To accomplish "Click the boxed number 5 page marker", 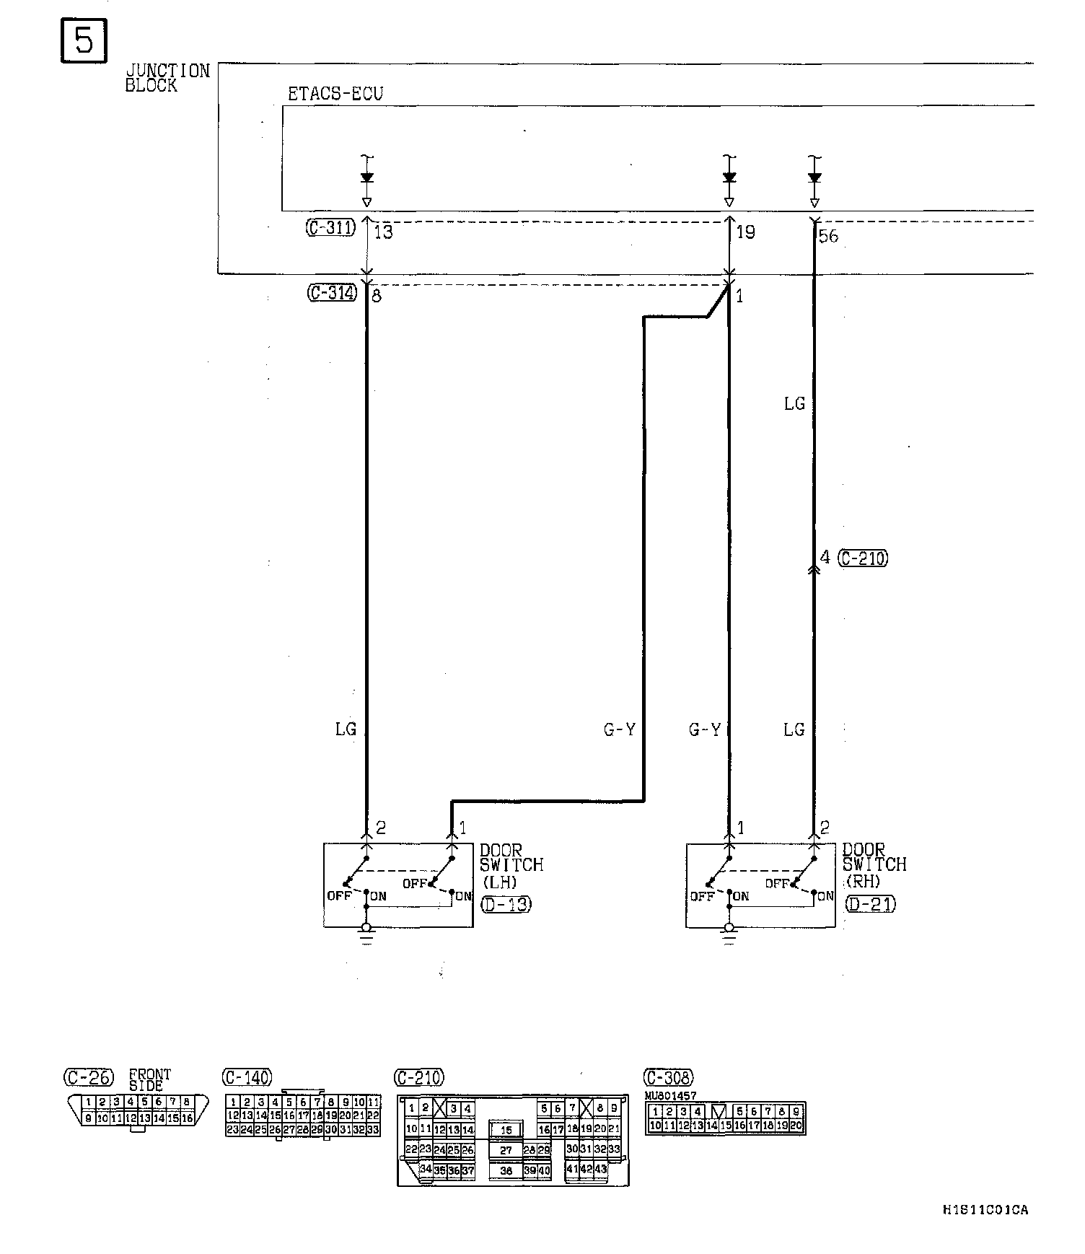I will (x=84, y=42).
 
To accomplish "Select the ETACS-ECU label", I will (x=335, y=94).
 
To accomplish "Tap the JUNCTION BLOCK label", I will (x=167, y=78).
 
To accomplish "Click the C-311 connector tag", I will (x=330, y=229).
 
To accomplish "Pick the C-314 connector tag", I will (x=332, y=293).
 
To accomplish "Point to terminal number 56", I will (x=829, y=236).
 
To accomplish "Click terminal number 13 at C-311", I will (x=384, y=232).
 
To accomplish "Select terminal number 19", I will (x=745, y=232).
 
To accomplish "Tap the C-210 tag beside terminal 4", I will (x=864, y=558).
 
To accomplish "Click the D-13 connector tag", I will (x=506, y=903).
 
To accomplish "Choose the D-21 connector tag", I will (x=870, y=903).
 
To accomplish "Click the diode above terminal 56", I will (x=814, y=177).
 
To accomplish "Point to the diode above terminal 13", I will (x=366, y=177).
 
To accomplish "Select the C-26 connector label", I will (x=88, y=1078).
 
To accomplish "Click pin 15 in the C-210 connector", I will (x=506, y=1130).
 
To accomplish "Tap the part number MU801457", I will (x=671, y=1095).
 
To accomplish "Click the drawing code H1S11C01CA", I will (x=985, y=1210).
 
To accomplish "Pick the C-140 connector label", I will (x=247, y=1078).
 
